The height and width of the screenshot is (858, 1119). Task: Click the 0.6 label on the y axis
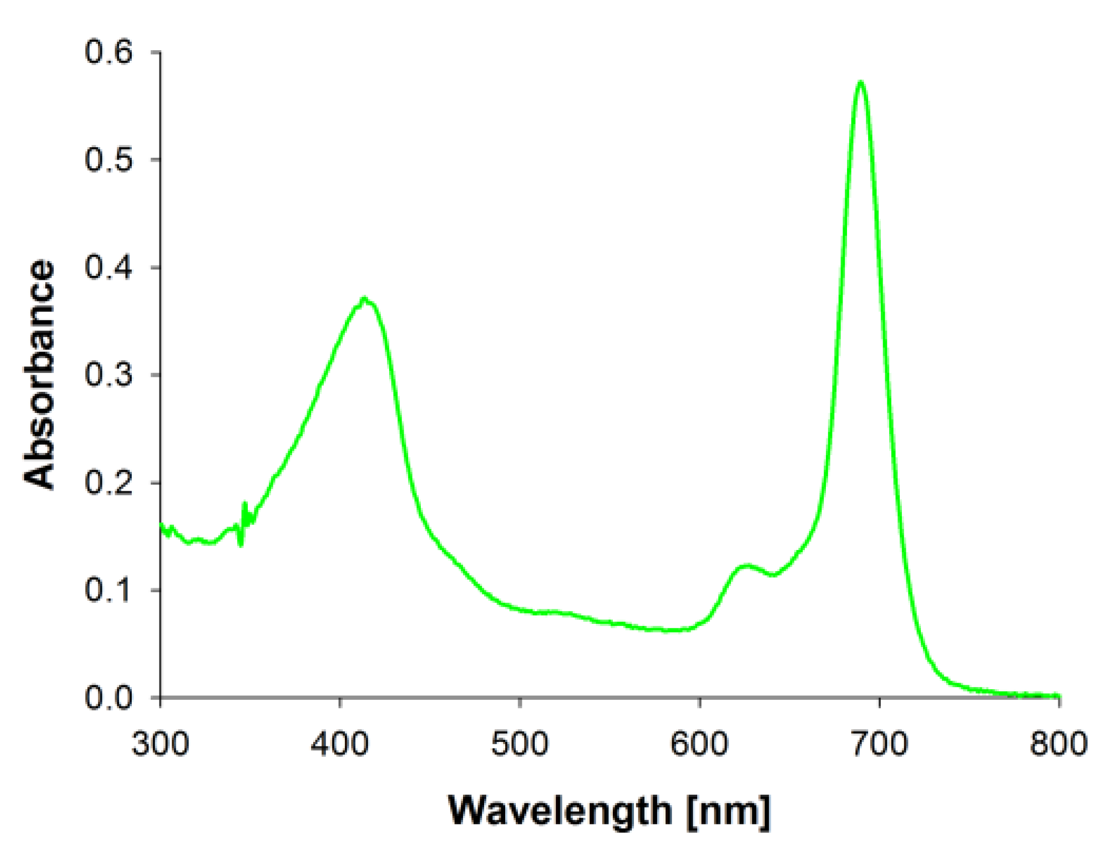tap(108, 52)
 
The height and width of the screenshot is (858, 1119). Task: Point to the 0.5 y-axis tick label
tap(108, 159)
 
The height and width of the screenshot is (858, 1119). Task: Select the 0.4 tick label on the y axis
tap(108, 267)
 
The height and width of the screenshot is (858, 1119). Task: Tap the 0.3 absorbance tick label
tap(108, 375)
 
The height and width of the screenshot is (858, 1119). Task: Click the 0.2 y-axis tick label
tap(108, 482)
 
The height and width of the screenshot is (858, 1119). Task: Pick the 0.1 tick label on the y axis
tap(108, 590)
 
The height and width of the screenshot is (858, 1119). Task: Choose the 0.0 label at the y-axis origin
tap(108, 698)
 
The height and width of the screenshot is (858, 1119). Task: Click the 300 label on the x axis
tap(160, 744)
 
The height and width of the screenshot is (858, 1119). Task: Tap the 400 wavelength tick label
tap(340, 744)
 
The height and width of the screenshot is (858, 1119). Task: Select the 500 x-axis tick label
tap(520, 744)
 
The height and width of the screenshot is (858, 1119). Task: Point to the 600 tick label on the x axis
tap(699, 744)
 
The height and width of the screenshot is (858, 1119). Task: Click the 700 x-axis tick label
tap(879, 744)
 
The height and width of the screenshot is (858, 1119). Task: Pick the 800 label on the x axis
tap(1058, 744)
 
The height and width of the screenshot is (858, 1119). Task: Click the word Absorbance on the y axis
tap(39, 375)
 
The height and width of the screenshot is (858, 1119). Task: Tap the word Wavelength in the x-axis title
tap(560, 811)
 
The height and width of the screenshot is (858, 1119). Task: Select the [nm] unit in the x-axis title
tap(727, 811)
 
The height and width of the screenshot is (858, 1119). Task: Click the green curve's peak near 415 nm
tap(364, 298)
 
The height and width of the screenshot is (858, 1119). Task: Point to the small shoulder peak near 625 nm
tap(747, 565)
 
